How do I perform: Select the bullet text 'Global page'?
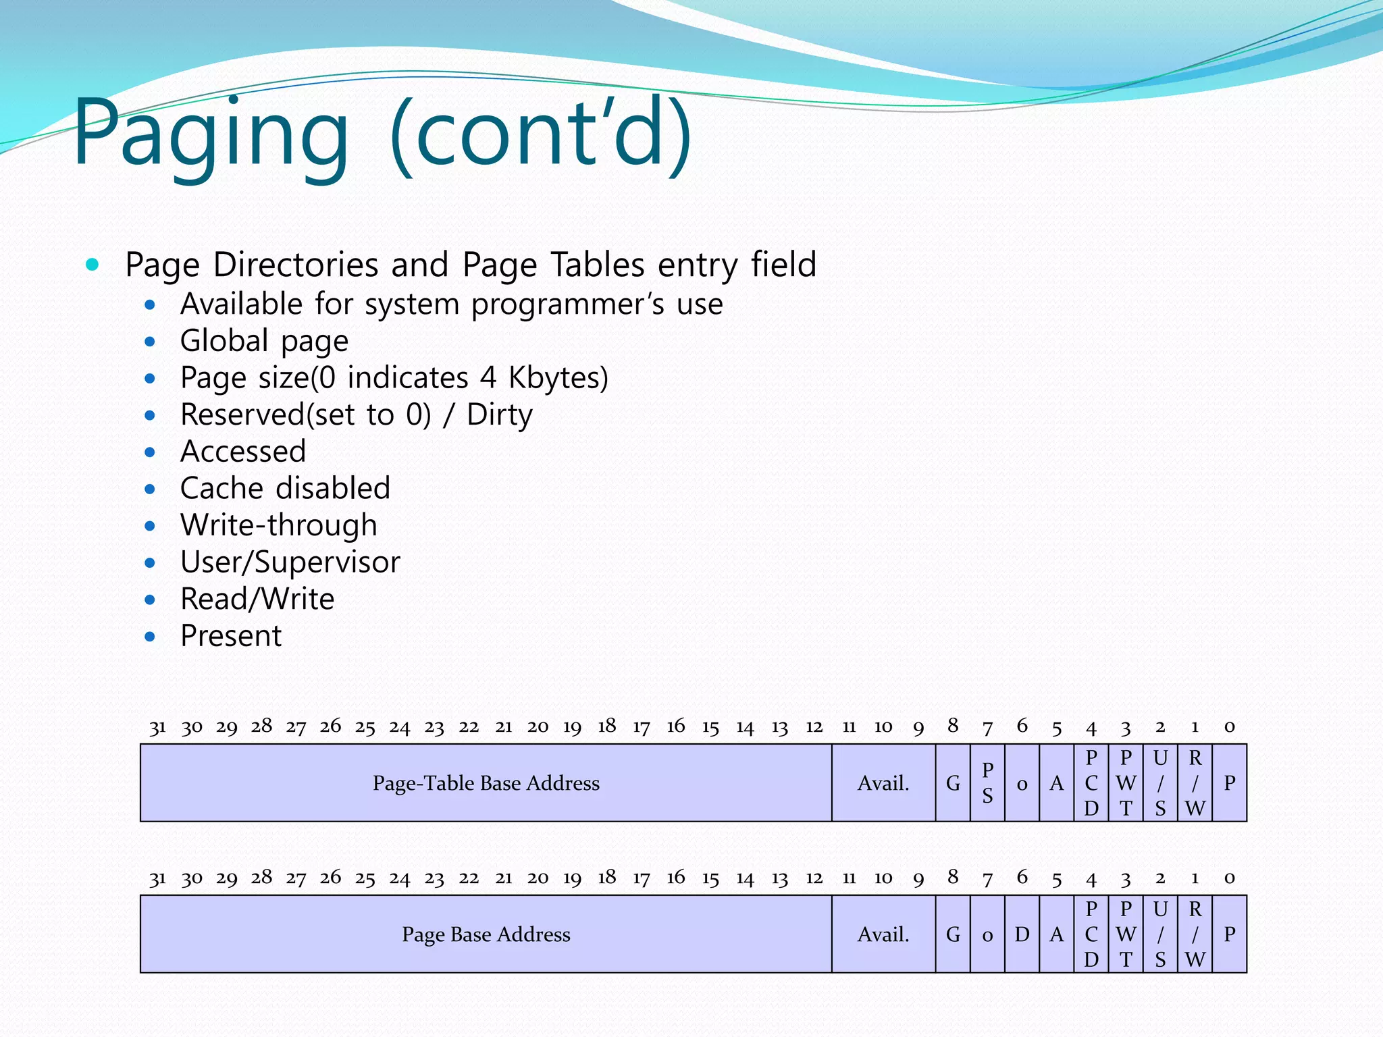pyautogui.click(x=264, y=341)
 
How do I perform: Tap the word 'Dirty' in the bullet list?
pyautogui.click(x=499, y=415)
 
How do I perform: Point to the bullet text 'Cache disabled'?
pyautogui.click(x=285, y=488)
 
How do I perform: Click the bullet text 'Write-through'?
pyautogui.click(x=278, y=525)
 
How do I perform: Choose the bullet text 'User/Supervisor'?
pyautogui.click(x=290, y=562)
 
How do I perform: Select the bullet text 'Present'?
pyautogui.click(x=231, y=636)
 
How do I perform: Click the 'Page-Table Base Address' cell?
pyautogui.click(x=486, y=783)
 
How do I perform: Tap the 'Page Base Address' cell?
pyautogui.click(x=486, y=934)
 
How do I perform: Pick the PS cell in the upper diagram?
pyautogui.click(x=987, y=783)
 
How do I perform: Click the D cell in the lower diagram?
pyautogui.click(x=1022, y=934)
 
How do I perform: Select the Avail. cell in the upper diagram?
pyautogui.click(x=883, y=783)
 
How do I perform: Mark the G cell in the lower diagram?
pyautogui.click(x=953, y=934)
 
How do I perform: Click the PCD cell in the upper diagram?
pyautogui.click(x=1091, y=783)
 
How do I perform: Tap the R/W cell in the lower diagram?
pyautogui.click(x=1195, y=934)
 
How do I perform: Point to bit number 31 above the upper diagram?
pyautogui.click(x=157, y=727)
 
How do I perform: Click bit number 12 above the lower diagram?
pyautogui.click(x=814, y=878)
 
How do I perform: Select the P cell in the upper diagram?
pyautogui.click(x=1230, y=783)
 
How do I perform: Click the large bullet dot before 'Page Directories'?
pyautogui.click(x=93, y=265)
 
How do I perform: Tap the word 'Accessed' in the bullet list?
pyautogui.click(x=243, y=452)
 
